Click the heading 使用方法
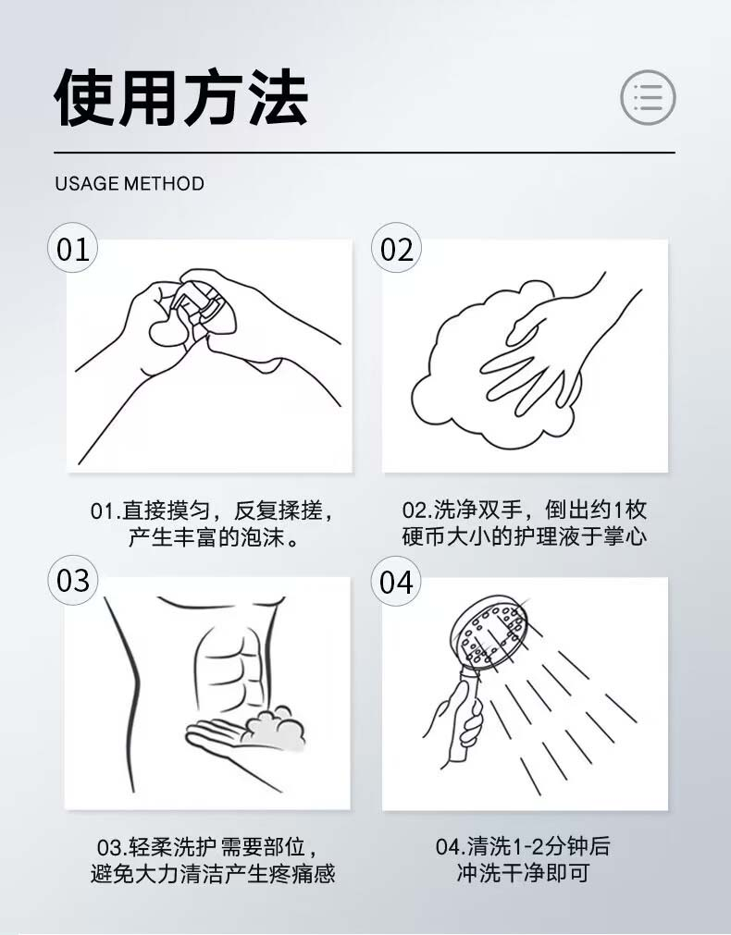[x=181, y=97]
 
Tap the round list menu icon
[x=648, y=97]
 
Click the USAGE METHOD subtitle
[x=130, y=183]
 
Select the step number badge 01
[x=73, y=248]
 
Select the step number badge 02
[x=396, y=248]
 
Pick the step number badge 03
[x=73, y=580]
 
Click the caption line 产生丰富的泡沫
[x=214, y=537]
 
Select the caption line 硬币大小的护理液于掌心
[x=524, y=535]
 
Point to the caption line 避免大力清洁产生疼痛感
[x=213, y=874]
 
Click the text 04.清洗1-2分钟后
[x=523, y=845]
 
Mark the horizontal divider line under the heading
[x=365, y=153]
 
